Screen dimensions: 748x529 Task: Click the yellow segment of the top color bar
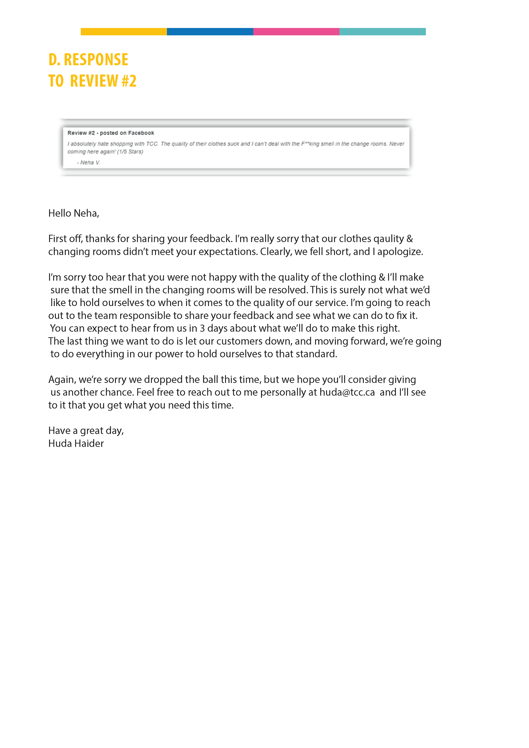pos(124,32)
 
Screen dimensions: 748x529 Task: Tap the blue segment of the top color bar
pos(210,32)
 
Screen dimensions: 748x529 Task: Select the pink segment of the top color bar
pos(296,32)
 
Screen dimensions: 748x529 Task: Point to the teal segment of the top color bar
pos(382,32)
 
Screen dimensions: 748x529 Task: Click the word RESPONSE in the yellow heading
pos(96,60)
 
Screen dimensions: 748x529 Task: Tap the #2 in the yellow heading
pos(129,81)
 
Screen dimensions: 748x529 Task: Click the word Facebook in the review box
pos(141,133)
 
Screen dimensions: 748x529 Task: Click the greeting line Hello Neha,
pos(74,214)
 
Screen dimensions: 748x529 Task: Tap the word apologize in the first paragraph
pos(400,252)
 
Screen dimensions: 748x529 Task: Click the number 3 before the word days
pos(202,328)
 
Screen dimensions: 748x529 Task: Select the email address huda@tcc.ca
pos(347,393)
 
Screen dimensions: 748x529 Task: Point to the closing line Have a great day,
pos(86,431)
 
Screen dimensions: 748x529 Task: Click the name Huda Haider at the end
pos(76,444)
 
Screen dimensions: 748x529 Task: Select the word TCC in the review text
pos(152,144)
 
